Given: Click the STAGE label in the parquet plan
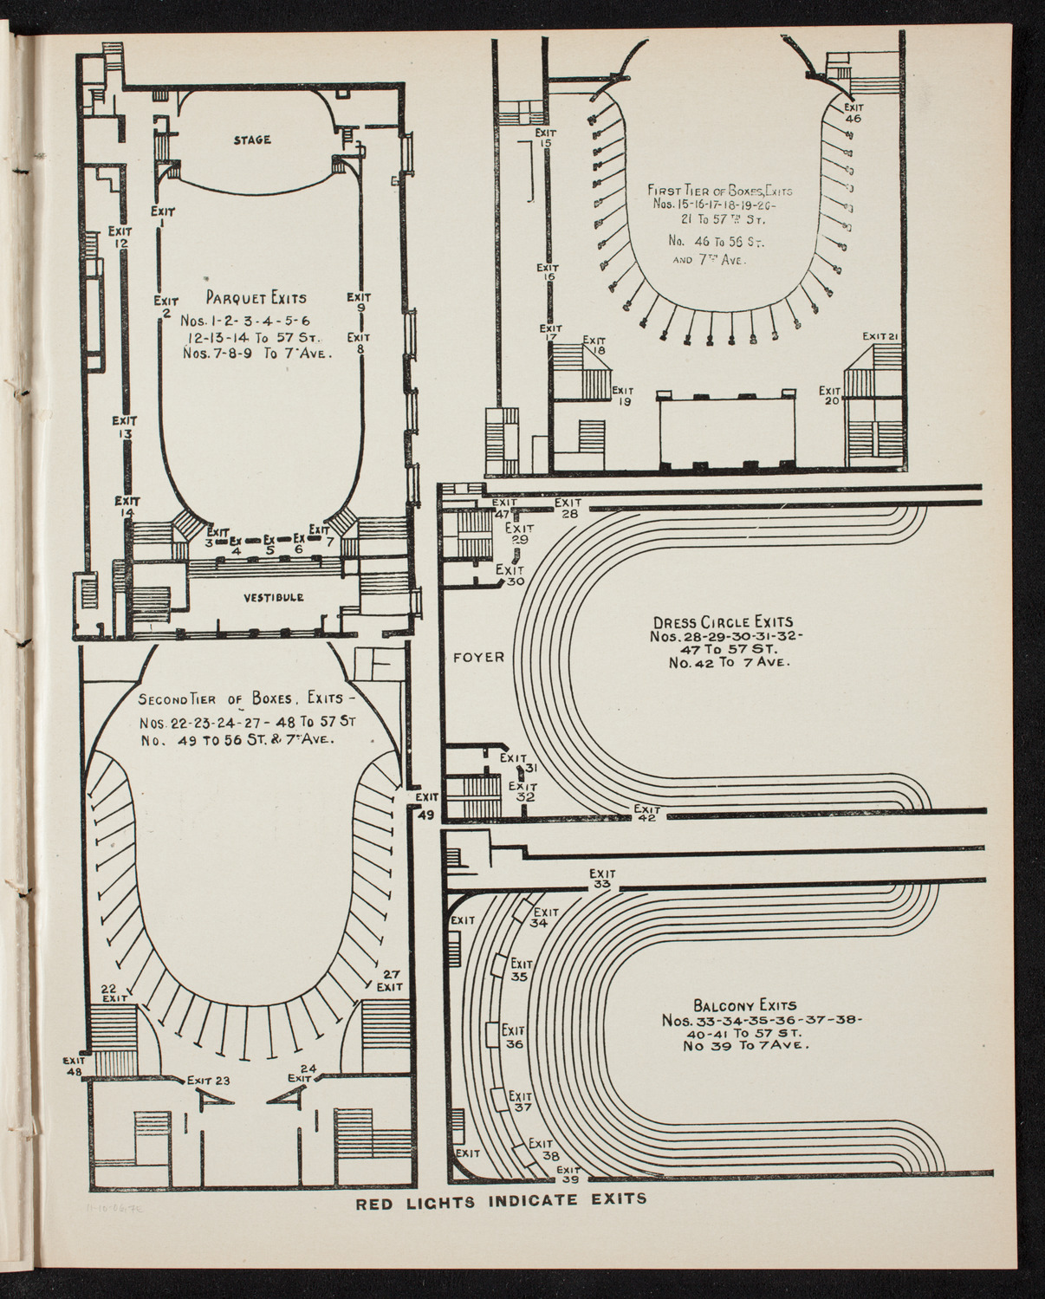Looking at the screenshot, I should (251, 140).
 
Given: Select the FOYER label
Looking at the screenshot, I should (477, 657).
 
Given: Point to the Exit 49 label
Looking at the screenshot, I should (425, 805).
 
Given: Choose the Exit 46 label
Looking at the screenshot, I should (853, 113).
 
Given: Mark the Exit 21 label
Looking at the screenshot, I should (884, 336).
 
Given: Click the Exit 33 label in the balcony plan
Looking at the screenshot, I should (602, 880).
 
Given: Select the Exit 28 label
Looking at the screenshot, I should (568, 508).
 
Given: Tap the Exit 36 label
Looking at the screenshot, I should (515, 1037).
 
